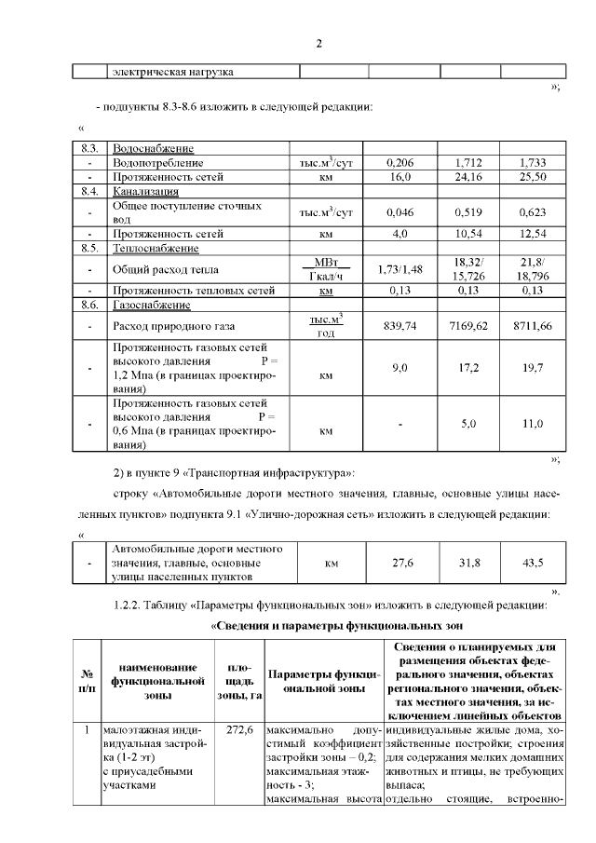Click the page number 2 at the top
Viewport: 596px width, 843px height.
click(318, 44)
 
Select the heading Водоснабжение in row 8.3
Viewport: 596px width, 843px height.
click(154, 148)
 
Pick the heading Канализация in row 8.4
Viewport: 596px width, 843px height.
click(146, 190)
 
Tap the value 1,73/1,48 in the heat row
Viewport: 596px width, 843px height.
click(400, 269)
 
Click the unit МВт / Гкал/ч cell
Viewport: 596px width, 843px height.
click(326, 269)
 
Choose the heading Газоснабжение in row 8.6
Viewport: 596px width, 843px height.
click(152, 305)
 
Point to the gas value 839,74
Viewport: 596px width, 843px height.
click(400, 327)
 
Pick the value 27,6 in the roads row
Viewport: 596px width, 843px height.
click(400, 563)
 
